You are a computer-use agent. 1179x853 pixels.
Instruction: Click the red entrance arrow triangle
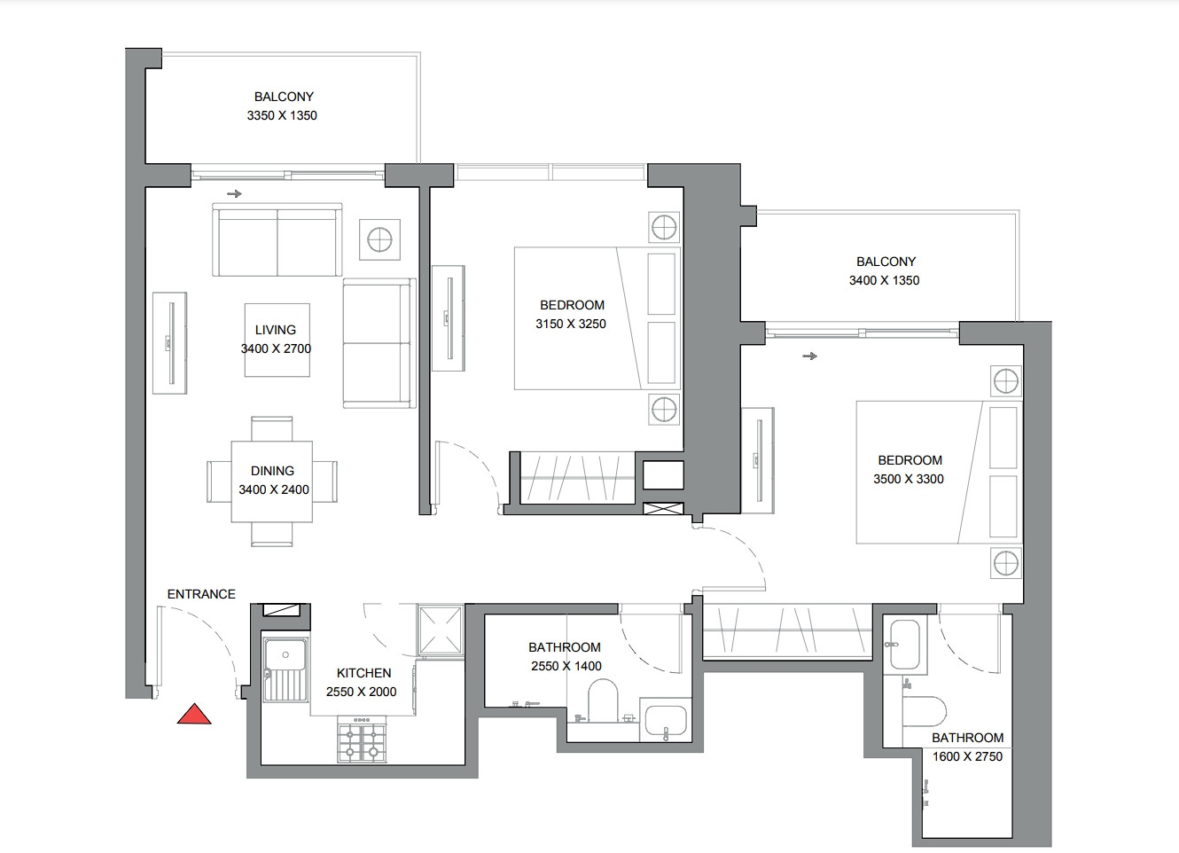[194, 715]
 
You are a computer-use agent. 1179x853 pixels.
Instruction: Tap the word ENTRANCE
[201, 594]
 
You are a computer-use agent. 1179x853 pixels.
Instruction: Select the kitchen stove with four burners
[362, 743]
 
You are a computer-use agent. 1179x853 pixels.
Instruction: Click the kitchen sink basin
[285, 656]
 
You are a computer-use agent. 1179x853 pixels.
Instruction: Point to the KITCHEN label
[363, 673]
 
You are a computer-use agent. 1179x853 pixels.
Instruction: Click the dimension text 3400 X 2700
[276, 348]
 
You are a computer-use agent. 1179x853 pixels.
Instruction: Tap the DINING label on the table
[272, 471]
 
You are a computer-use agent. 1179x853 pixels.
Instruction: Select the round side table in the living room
[379, 239]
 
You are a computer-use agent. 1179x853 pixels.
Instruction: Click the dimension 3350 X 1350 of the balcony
[282, 115]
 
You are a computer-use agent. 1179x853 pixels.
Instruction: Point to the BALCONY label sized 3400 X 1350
[886, 262]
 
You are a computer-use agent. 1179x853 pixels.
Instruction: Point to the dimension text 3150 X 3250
[571, 324]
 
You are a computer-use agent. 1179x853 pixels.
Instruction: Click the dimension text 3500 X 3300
[909, 479]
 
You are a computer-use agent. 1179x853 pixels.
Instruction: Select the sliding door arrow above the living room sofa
[234, 193]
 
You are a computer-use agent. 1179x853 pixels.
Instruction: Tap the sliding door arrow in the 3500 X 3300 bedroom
[809, 356]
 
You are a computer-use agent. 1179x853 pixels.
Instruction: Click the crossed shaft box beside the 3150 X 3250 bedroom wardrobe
[663, 509]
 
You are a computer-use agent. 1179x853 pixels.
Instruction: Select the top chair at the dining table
[272, 429]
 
